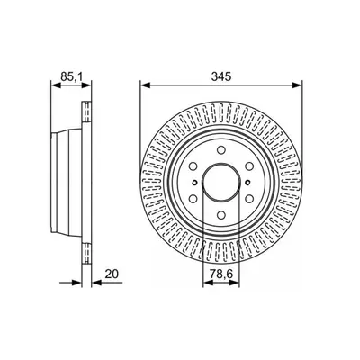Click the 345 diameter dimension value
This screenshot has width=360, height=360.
221,76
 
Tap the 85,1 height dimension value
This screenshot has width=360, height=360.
72,76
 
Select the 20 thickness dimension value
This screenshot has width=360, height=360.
112,274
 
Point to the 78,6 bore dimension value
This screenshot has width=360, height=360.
221,274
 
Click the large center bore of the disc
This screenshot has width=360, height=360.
221,183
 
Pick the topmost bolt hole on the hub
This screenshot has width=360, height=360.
221,149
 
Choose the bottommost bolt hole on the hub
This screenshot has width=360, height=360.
221,215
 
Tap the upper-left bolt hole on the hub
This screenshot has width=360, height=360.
193,166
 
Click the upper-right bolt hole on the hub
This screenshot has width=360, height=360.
249,166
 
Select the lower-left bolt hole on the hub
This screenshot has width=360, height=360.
193,199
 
